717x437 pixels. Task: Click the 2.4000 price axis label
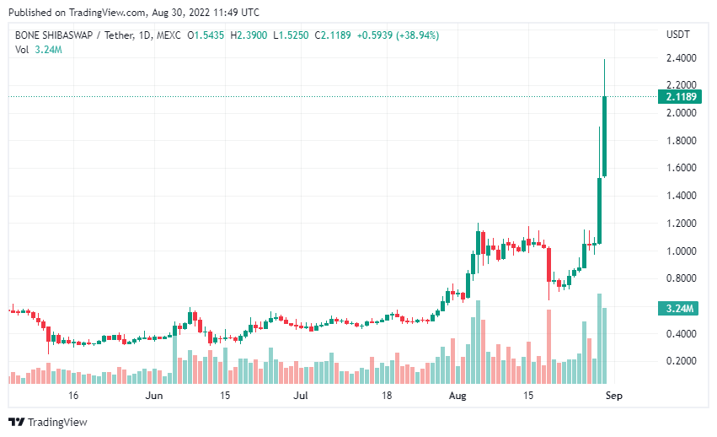click(681, 58)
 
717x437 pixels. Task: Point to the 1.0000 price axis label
click(681, 251)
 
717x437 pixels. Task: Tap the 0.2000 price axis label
click(681, 361)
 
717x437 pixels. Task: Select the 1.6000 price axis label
click(681, 168)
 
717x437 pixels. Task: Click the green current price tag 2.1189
click(681, 97)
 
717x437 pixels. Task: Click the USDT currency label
click(677, 35)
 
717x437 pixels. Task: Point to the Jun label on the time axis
click(153, 395)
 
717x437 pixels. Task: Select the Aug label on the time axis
click(457, 395)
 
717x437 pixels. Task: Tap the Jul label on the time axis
click(300, 395)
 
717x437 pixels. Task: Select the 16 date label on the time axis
click(73, 395)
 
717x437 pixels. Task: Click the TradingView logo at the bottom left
click(47, 422)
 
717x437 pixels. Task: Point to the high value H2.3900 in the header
click(251, 35)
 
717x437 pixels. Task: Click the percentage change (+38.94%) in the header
click(434, 35)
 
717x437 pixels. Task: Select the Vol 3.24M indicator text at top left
click(39, 50)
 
